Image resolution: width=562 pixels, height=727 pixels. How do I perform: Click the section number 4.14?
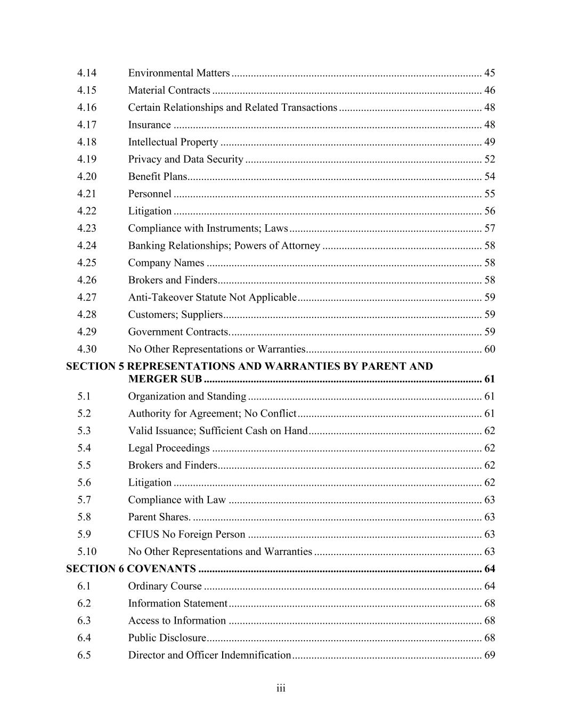[87, 73]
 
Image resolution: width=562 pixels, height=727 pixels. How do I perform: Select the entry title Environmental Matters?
[178, 73]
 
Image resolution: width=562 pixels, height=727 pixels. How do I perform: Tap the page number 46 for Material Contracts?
[489, 90]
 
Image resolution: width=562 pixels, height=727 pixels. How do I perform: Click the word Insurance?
[149, 125]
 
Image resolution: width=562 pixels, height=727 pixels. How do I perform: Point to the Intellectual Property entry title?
[173, 142]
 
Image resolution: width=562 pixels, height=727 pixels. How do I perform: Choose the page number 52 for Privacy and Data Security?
[489, 159]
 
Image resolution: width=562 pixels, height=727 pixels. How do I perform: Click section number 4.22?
[87, 211]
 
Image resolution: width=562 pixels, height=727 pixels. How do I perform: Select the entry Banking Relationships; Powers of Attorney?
[224, 246]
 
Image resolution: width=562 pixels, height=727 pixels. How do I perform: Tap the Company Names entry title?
[166, 263]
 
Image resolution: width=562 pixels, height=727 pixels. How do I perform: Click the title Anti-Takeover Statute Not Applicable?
[212, 297]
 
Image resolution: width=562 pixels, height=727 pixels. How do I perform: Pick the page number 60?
[489, 349]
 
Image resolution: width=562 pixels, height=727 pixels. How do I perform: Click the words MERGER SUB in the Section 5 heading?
[165, 379]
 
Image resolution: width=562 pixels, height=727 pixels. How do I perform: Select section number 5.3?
[84, 430]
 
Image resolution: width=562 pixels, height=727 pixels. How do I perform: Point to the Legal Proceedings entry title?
[169, 448]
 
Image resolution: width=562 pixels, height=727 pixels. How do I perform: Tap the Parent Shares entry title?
[159, 517]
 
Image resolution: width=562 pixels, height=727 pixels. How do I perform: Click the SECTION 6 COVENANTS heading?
[131, 569]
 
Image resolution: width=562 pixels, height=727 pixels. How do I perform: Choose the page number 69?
[489, 655]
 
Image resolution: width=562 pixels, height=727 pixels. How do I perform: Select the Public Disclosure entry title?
[167, 638]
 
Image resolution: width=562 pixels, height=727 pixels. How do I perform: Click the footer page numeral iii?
[281, 689]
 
